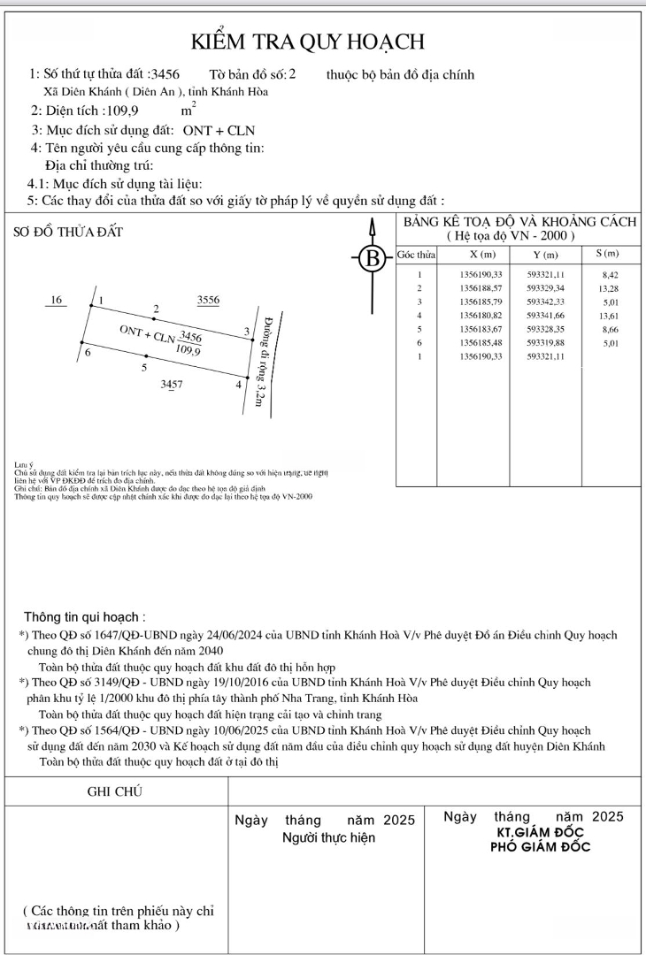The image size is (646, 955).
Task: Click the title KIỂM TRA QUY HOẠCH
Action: [309, 42]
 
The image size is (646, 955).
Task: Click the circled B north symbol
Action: [373, 260]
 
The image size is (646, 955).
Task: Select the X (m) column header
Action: [482, 255]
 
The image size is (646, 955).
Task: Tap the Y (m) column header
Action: [544, 255]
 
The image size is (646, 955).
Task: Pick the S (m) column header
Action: [606, 255]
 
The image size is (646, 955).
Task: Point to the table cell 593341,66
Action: [544, 316]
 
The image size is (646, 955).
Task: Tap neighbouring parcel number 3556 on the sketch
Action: [209, 301]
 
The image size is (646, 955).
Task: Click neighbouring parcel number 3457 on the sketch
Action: [172, 385]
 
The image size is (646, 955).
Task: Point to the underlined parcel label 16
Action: [58, 301]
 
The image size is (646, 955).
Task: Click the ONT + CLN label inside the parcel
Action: [147, 334]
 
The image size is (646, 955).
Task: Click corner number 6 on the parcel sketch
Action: [87, 353]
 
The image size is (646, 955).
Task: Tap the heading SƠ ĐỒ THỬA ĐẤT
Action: [69, 233]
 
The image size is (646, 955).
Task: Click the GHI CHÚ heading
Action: [115, 791]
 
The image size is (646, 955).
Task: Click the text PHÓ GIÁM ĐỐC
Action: [541, 846]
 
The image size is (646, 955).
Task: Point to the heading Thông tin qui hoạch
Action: [85, 617]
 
